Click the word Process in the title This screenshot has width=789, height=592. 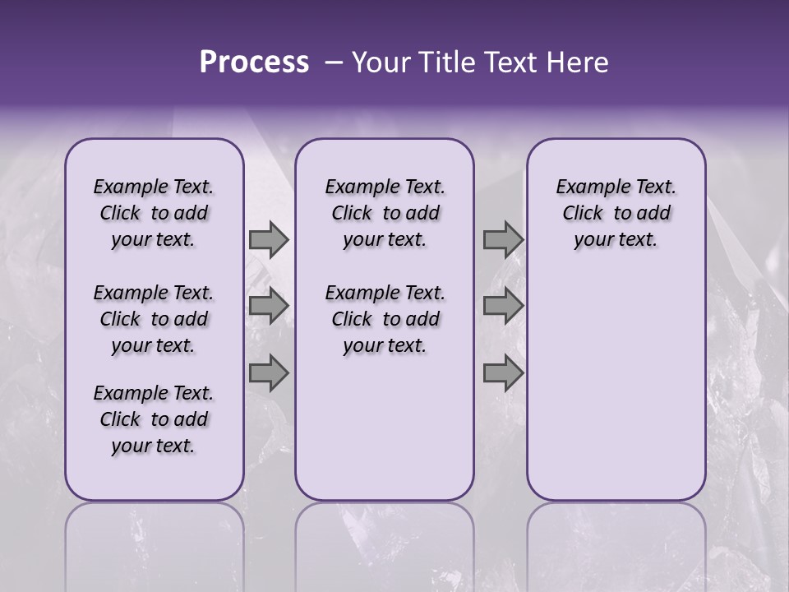pyautogui.click(x=254, y=62)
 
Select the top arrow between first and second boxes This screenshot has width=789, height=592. pyautogui.click(x=269, y=240)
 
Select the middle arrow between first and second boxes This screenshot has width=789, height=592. pyautogui.click(x=269, y=306)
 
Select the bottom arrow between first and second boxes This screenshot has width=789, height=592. pyautogui.click(x=269, y=373)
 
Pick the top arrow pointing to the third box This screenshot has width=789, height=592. pyautogui.click(x=503, y=240)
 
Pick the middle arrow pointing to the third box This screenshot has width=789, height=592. pyautogui.click(x=503, y=306)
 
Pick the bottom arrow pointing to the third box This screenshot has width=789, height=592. pyautogui.click(x=503, y=373)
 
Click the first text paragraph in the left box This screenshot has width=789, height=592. pyautogui.click(x=154, y=213)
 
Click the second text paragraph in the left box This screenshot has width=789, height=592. pyautogui.click(x=154, y=319)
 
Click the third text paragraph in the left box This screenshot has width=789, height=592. pyautogui.click(x=154, y=419)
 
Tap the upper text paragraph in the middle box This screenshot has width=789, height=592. pyautogui.click(x=385, y=213)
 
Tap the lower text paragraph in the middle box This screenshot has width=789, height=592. pyautogui.click(x=385, y=319)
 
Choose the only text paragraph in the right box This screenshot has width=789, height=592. pyautogui.click(x=616, y=213)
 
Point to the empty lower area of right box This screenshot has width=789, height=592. pyautogui.click(x=616, y=386)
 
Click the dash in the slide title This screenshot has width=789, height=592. pyautogui.click(x=334, y=62)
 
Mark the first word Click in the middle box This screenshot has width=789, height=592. pyautogui.click(x=352, y=214)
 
